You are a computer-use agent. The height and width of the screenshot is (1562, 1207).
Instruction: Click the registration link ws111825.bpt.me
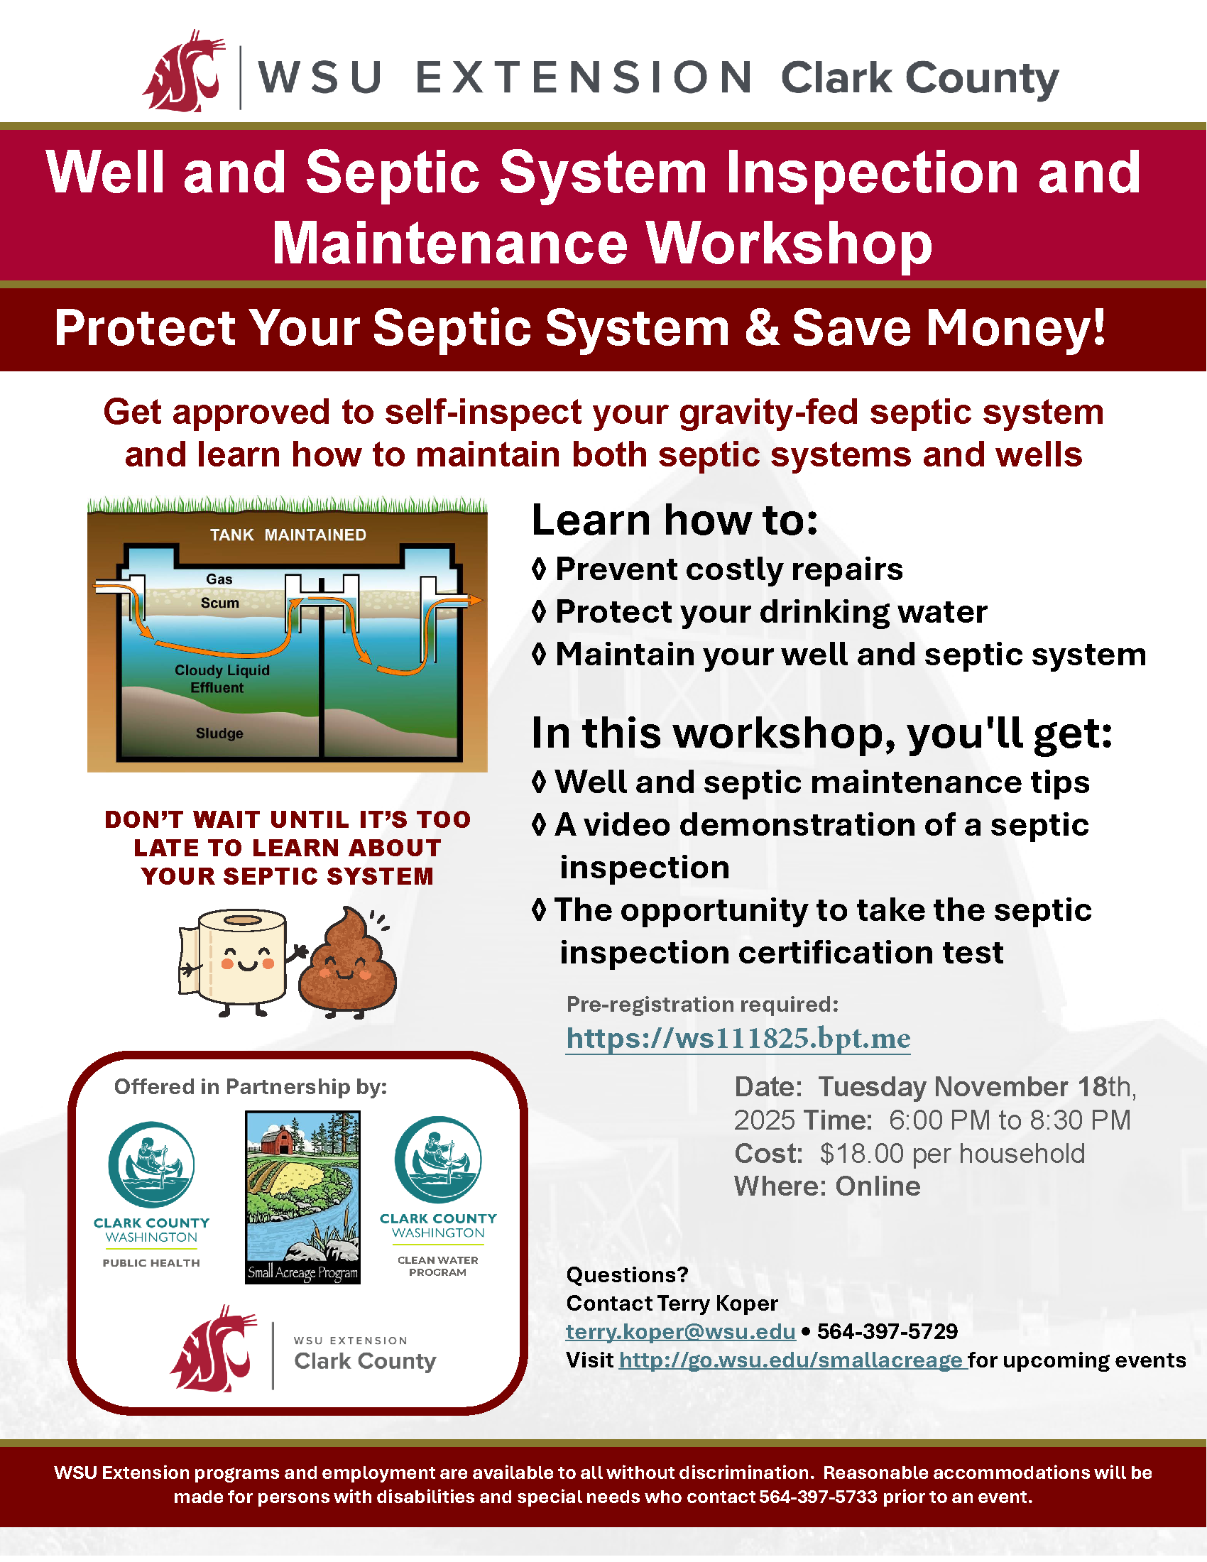point(738,1038)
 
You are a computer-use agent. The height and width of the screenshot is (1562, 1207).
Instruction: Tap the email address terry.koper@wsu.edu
point(680,1331)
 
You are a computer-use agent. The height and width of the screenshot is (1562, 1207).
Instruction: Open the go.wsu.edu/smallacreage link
point(791,1360)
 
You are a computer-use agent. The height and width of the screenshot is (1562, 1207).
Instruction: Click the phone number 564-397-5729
point(887,1331)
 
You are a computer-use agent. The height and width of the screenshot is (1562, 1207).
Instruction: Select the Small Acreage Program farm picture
point(302,1196)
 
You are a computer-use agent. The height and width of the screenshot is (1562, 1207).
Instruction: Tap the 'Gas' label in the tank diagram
point(219,579)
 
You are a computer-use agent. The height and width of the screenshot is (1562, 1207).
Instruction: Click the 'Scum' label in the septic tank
point(219,603)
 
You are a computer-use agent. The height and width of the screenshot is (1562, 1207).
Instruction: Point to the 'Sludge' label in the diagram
point(219,733)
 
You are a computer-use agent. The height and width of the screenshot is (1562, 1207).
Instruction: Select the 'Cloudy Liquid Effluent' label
point(222,679)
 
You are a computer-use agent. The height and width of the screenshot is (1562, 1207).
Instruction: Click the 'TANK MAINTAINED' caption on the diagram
point(288,535)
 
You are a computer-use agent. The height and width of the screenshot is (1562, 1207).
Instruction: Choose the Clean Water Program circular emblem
point(438,1159)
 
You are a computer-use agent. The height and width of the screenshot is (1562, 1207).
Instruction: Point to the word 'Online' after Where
point(878,1186)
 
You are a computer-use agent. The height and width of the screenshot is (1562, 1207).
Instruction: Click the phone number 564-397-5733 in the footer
point(817,1497)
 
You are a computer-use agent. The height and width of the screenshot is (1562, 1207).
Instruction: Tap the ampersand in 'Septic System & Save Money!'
point(763,327)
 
